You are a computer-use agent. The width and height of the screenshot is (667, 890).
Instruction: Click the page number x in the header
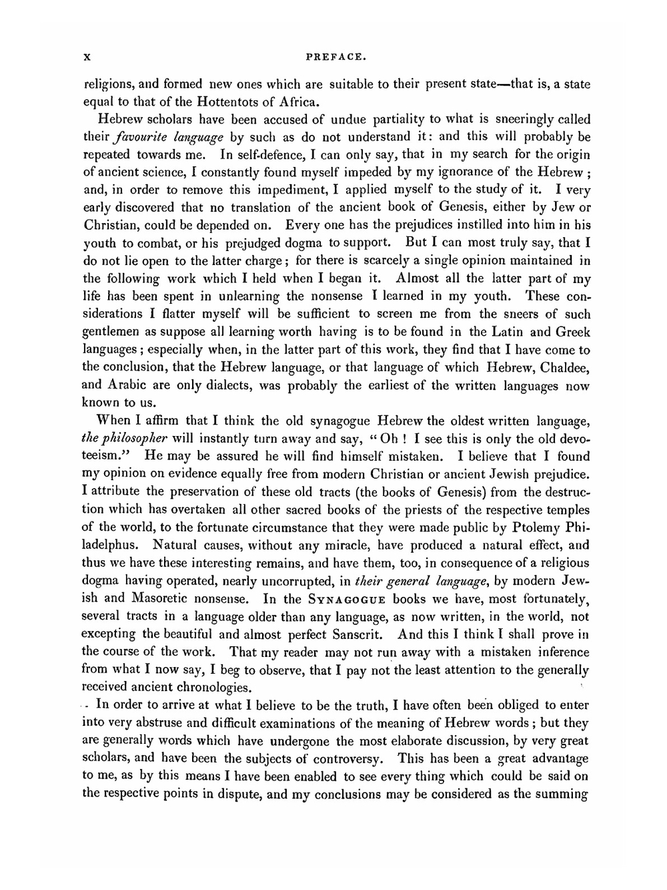click(x=86, y=58)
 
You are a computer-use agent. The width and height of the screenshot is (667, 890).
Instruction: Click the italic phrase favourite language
click(x=173, y=138)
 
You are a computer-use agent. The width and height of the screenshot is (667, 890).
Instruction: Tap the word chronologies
click(x=209, y=687)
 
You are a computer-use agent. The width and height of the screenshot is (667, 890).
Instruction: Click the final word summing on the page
click(x=564, y=795)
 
